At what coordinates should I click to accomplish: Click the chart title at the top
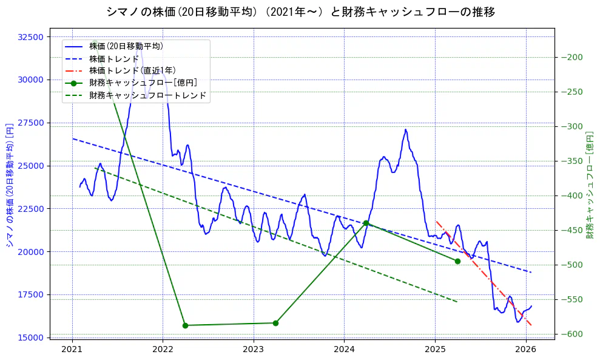tap(300, 12)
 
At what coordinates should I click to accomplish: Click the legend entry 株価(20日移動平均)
tap(126, 46)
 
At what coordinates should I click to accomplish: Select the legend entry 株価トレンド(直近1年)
tap(132, 70)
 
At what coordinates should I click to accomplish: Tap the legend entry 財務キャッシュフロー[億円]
tap(143, 83)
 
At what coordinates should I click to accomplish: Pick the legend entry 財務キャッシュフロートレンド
tap(147, 95)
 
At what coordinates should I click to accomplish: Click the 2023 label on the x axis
tap(253, 349)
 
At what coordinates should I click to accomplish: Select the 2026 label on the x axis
tap(525, 349)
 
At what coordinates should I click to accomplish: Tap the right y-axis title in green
tap(590, 184)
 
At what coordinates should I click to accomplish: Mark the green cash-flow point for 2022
tap(185, 325)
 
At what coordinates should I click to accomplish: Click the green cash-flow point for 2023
tap(275, 323)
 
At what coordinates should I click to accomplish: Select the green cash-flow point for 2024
tap(366, 223)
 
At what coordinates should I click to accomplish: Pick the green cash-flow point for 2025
tap(457, 261)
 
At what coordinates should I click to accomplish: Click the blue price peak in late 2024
tap(406, 129)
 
